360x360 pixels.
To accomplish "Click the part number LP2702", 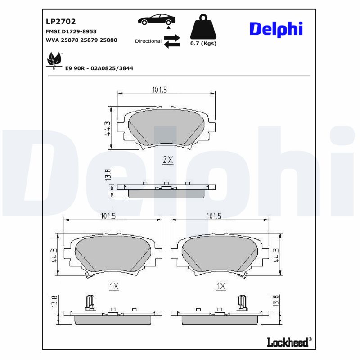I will tap(61, 21).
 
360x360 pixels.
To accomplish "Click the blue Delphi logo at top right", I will tap(276, 29).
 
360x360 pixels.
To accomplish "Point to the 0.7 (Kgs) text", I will tap(203, 44).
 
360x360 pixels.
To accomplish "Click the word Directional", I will tap(148, 41).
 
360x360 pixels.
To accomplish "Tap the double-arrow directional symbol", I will tap(171, 41).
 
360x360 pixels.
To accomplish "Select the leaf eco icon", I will tap(54, 60).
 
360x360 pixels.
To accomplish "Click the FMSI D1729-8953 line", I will tap(71, 31).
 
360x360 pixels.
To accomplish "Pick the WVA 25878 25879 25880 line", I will tap(81, 40).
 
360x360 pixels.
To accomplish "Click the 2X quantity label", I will tap(167, 160).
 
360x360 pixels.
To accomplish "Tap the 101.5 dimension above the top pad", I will tap(159, 90).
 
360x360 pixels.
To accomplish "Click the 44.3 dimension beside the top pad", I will tap(107, 129).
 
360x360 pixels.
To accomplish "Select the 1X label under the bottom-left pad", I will tap(113, 286).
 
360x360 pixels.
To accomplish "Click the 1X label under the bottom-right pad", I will tap(220, 286).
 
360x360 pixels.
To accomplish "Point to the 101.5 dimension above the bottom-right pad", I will tap(213, 216).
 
